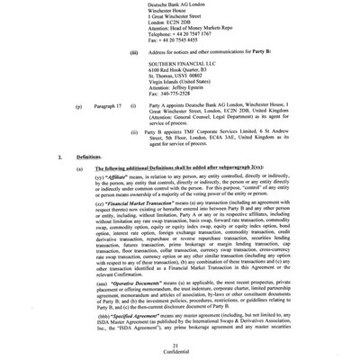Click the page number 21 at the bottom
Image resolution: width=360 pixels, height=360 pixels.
(x=180, y=345)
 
